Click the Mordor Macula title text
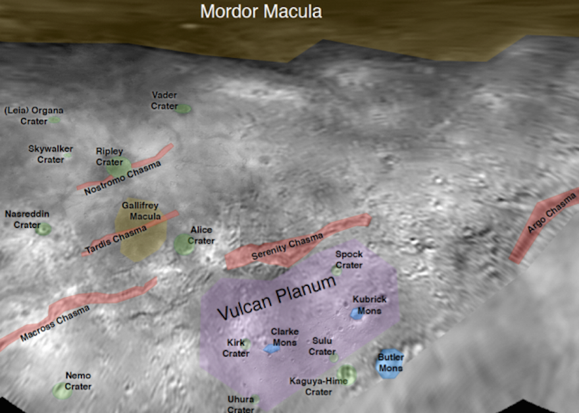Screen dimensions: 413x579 tap(261, 11)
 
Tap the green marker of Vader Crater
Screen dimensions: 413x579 tap(183, 108)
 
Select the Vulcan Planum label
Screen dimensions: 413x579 tap(276, 298)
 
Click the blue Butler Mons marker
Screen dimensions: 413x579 tap(389, 363)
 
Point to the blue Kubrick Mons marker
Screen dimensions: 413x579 tap(357, 315)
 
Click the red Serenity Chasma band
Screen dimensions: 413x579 tap(296, 243)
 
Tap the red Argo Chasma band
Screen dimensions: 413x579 tap(543, 224)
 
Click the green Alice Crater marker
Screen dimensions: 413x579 tap(184, 244)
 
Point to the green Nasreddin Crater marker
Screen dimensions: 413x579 tap(43, 229)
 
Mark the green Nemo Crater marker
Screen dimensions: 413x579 tap(63, 390)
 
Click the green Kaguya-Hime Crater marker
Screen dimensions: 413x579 tap(347, 376)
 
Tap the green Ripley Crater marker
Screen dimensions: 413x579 tap(118, 165)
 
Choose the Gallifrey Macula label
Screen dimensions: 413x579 tap(140, 211)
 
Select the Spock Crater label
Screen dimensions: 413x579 tap(349, 260)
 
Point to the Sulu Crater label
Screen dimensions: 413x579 tap(322, 346)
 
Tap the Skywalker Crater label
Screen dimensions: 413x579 tap(51, 154)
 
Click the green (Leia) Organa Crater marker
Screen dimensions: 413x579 tap(55, 120)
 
